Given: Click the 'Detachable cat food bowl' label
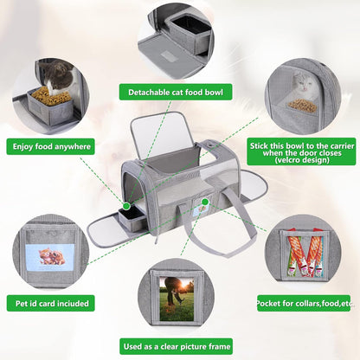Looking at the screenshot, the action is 176,93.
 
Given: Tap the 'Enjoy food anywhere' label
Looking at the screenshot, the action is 51,147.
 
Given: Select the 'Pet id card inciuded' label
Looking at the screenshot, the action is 51,304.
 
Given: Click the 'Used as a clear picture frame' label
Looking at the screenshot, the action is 177,346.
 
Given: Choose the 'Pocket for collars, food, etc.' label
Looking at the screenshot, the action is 304,303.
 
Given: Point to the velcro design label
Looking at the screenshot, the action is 301,152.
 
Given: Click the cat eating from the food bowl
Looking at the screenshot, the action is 60,76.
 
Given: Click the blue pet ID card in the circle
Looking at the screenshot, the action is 50,258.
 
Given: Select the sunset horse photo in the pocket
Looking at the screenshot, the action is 177,299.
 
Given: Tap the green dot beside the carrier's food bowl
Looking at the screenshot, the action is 126,206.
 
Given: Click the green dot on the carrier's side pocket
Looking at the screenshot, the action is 205,202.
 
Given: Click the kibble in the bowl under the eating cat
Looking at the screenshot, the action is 51,95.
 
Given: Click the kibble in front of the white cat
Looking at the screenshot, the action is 302,106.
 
